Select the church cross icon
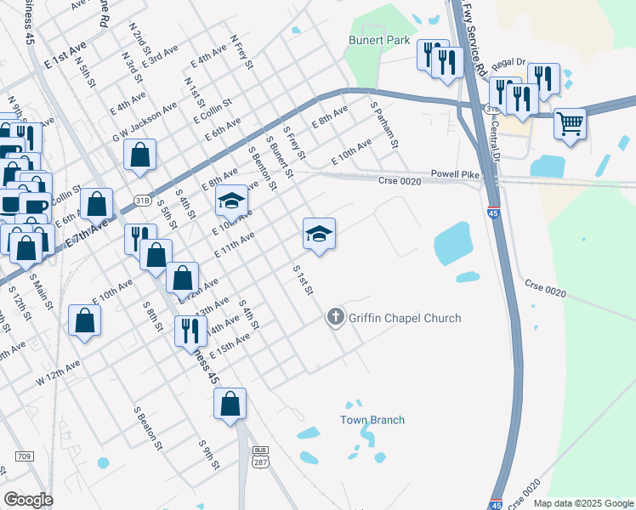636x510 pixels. tap(336, 318)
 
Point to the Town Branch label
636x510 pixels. tap(372, 420)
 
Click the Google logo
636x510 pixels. tap(28, 499)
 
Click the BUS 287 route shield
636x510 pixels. tap(260, 455)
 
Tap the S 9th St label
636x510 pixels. tap(209, 456)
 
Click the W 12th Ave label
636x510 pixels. tap(58, 372)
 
